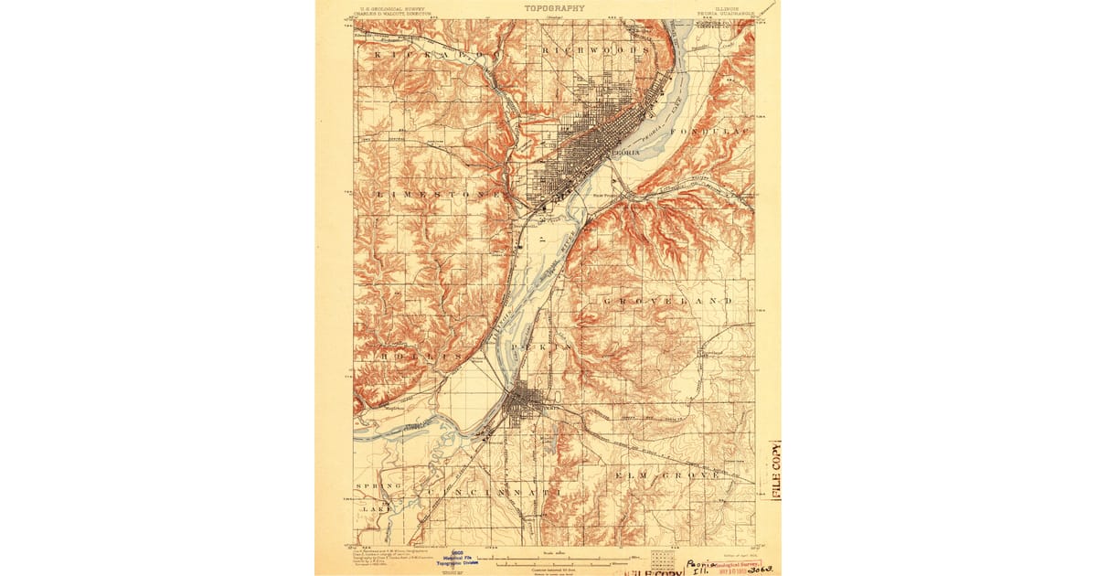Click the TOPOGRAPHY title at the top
point(554,7)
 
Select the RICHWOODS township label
point(595,50)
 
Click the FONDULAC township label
point(709,133)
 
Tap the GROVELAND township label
point(667,300)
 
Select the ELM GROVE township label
point(667,475)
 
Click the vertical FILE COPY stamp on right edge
point(775,471)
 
